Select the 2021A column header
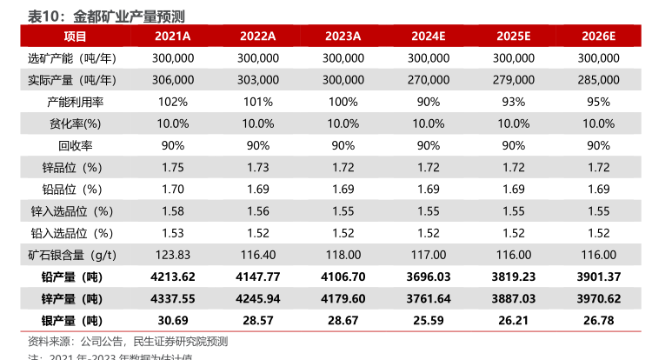173,37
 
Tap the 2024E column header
429,37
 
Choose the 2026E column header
599,37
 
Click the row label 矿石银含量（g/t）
72,255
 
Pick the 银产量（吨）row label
72,320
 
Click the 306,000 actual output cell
173,80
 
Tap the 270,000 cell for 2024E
429,80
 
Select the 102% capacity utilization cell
173,102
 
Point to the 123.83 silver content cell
173,255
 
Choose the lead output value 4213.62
173,277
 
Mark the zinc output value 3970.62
599,298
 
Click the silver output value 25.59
429,320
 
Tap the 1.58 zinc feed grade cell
173,211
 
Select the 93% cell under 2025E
514,102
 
